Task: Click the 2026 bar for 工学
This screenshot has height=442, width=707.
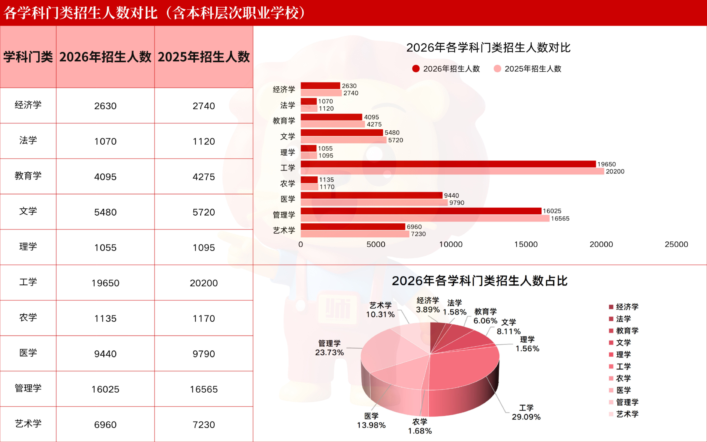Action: [x=448, y=164]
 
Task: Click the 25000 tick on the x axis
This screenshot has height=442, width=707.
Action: [x=676, y=244]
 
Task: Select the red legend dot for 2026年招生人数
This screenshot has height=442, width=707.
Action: [x=416, y=69]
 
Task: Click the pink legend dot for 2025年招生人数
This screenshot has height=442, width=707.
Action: [x=497, y=69]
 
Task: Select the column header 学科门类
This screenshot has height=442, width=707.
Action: [x=28, y=57]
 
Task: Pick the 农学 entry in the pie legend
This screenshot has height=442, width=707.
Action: [x=623, y=378]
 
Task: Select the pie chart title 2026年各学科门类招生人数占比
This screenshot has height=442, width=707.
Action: [x=479, y=281]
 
